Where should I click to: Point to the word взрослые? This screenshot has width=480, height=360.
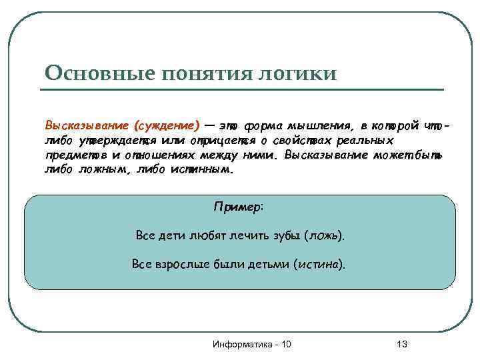(175, 264)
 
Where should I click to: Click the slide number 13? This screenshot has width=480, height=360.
(401, 344)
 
